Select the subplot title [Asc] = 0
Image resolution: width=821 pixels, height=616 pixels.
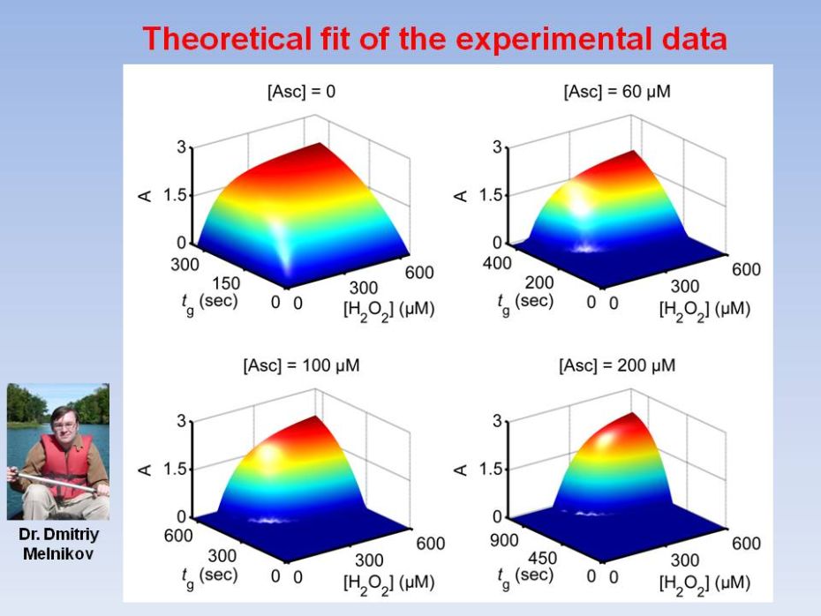[x=301, y=92]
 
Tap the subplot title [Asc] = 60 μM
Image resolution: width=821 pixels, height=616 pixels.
[x=617, y=92]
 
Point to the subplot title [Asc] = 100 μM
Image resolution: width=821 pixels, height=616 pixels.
[x=301, y=365]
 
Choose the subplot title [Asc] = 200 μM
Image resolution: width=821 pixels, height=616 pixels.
[x=617, y=365]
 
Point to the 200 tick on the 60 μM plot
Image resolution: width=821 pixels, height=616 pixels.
[x=539, y=283]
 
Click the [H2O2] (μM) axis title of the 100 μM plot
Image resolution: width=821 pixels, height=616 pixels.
[x=388, y=582]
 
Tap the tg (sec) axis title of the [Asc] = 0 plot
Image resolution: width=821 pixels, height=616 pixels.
[x=208, y=300]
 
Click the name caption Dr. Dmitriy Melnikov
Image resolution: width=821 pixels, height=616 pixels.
[x=58, y=545]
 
